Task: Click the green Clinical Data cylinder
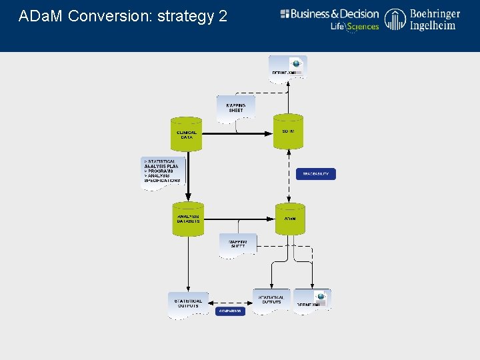click(x=187, y=133)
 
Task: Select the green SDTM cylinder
click(x=289, y=131)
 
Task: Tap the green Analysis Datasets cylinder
click(x=188, y=219)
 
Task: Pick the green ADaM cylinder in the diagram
click(x=290, y=219)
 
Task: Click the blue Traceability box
click(x=316, y=174)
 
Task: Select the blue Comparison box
click(x=230, y=311)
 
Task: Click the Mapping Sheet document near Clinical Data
click(x=236, y=107)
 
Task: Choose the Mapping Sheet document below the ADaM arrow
click(x=238, y=244)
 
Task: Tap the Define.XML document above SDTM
click(x=288, y=68)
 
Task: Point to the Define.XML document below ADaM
click(x=312, y=300)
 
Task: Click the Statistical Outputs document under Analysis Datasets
click(x=188, y=304)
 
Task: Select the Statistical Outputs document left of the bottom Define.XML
click(x=271, y=300)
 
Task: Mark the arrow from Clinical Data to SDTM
click(x=237, y=133)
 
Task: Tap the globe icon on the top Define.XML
click(x=296, y=64)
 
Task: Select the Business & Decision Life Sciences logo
click(x=329, y=19)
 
